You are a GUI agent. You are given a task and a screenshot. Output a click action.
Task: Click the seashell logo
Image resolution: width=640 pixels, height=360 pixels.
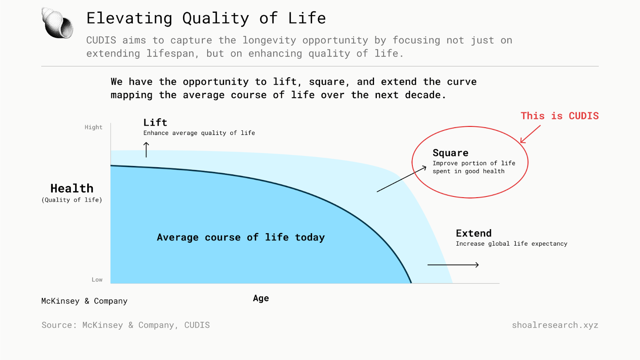tap(57, 23)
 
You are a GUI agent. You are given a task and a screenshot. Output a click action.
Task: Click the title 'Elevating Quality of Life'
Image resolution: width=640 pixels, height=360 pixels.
tap(206, 18)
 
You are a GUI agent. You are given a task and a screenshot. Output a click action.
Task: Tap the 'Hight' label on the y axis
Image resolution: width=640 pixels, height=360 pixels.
tap(94, 128)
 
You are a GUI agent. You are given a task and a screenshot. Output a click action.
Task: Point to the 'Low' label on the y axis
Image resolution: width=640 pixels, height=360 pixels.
tap(97, 280)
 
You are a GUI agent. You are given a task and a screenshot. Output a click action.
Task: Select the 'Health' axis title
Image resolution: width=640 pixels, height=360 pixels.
tap(72, 188)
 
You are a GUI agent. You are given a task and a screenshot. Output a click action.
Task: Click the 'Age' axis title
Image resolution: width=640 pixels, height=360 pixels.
tap(261, 298)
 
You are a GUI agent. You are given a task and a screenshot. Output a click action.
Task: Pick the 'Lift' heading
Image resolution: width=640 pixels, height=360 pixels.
tap(155, 122)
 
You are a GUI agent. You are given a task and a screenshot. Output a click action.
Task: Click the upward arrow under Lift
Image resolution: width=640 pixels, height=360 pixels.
tap(146, 150)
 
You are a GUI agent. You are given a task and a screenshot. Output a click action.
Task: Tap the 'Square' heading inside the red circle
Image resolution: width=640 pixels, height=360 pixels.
tap(450, 153)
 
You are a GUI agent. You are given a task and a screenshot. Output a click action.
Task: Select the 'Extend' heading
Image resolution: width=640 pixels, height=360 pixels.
tap(474, 233)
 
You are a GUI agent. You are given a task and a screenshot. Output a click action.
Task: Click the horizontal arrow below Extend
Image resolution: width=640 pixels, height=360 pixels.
tap(453, 265)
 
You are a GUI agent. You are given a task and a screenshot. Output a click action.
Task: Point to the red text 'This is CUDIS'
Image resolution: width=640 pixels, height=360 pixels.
tap(560, 116)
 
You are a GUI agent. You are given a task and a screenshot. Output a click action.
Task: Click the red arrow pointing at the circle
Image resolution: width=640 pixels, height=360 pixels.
tap(530, 134)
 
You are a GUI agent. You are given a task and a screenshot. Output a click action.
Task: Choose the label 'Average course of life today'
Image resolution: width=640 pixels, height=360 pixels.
tap(241, 238)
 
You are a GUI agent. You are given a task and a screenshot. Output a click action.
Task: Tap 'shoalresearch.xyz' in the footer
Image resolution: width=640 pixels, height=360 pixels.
tap(555, 325)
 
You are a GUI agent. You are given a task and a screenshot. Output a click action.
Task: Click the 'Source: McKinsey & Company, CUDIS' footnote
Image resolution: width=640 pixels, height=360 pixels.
tap(126, 325)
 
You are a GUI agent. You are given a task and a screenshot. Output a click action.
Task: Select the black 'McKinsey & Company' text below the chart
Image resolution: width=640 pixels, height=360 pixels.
tap(84, 301)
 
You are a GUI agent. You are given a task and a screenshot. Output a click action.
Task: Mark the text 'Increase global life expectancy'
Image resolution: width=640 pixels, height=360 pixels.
tap(512, 244)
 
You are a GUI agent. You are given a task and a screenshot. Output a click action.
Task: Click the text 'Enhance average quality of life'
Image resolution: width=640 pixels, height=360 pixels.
tap(199, 133)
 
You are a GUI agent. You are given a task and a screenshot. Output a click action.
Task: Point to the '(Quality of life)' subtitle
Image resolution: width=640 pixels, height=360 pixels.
tap(72, 200)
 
